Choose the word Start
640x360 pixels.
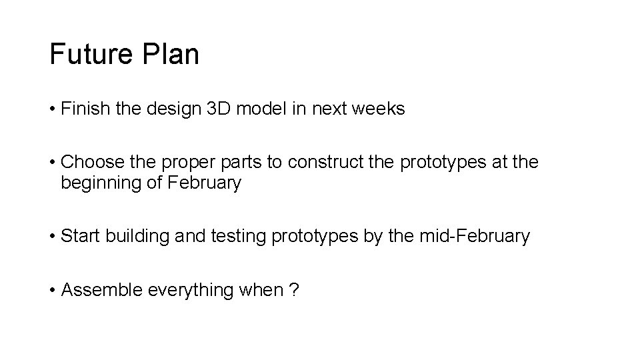[78, 237]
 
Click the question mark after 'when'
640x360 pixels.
[294, 291]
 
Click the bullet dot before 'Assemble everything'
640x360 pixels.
[52, 291]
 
